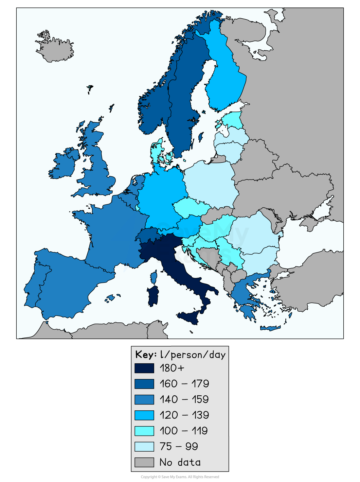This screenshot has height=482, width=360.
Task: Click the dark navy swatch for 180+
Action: click(144, 368)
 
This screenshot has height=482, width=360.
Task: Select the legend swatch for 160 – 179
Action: click(144, 384)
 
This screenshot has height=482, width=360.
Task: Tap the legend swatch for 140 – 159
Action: click(144, 399)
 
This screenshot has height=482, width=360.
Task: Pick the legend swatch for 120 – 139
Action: click(144, 415)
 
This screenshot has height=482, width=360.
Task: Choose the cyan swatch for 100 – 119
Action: click(144, 431)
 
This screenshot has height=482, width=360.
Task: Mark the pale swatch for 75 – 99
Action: click(144, 446)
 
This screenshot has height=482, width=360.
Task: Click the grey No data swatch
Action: click(144, 462)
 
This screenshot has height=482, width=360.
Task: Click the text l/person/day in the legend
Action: click(193, 355)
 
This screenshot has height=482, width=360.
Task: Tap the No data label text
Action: click(180, 462)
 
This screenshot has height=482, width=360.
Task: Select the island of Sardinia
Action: click(153, 296)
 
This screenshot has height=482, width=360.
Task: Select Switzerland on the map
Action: click(147, 235)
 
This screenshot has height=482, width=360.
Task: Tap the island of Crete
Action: click(270, 328)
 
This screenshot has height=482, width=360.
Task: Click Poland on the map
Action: click(209, 183)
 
